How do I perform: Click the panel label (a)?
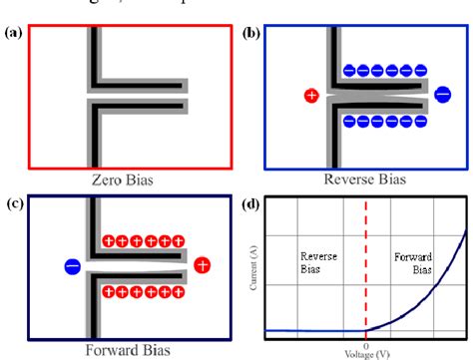[13, 32]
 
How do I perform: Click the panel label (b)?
[251, 32]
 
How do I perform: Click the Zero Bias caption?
[126, 180]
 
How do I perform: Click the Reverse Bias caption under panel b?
[362, 180]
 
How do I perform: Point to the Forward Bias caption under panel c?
[126, 350]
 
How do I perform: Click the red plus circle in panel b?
[311, 96]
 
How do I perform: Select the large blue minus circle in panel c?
[72, 266]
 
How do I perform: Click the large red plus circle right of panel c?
[203, 264]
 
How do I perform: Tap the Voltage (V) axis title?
[365, 354]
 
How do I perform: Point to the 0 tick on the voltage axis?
[365, 345]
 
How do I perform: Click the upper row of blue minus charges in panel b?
[383, 71]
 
